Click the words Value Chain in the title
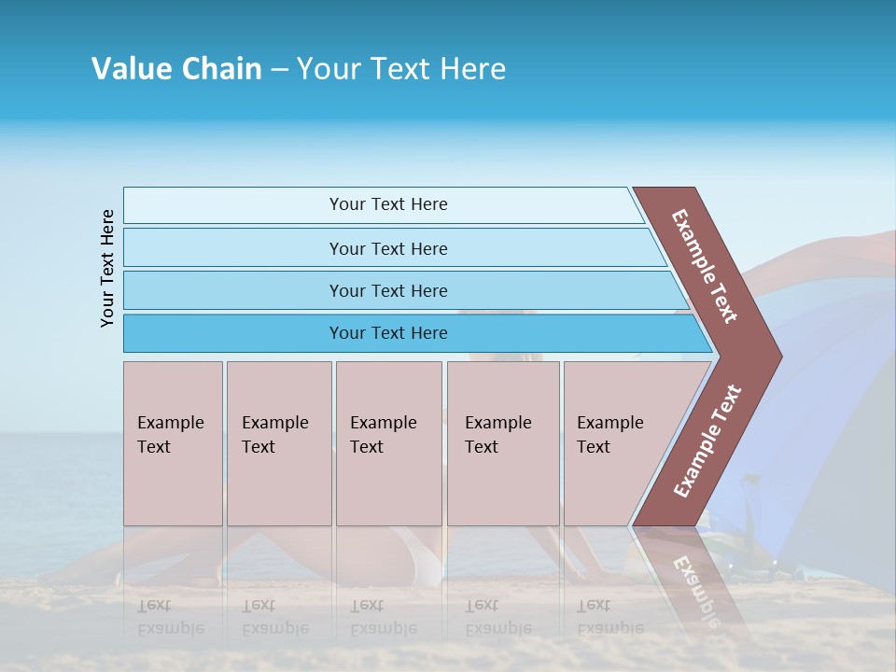click(176, 69)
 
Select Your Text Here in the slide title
click(401, 69)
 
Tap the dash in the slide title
click(279, 70)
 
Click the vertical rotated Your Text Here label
click(107, 268)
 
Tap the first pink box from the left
click(173, 443)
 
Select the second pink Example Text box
click(278, 443)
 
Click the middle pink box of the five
click(388, 443)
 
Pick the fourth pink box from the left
click(503, 443)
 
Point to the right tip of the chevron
click(777, 357)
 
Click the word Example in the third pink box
click(383, 423)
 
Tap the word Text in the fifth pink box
click(594, 447)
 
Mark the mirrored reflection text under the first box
click(171, 617)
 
